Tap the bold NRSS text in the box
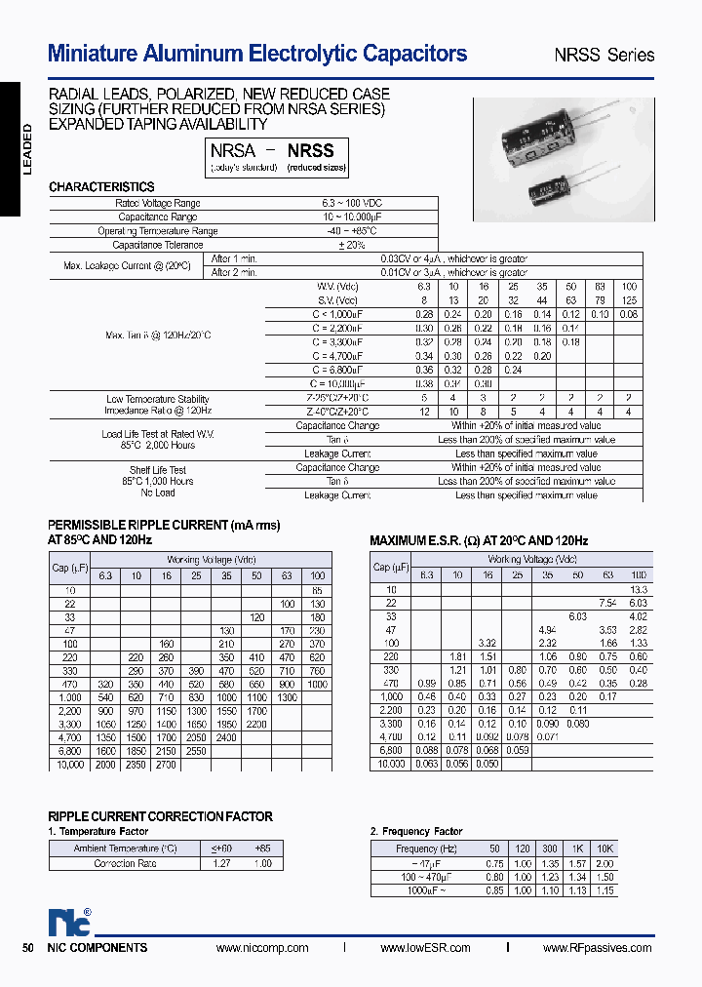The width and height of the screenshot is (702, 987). point(310,150)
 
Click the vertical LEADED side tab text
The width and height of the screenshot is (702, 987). point(27,149)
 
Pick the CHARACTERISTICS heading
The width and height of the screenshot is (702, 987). point(101,186)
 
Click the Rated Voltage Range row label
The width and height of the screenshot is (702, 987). point(157,203)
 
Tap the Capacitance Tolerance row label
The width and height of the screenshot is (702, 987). point(157,245)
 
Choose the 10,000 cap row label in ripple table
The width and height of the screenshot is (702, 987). point(67,765)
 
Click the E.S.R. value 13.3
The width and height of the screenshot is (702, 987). point(639,590)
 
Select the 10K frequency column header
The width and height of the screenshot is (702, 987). point(604,849)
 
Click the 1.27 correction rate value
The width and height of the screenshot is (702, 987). point(223,863)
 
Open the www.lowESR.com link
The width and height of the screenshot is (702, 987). point(425,948)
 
